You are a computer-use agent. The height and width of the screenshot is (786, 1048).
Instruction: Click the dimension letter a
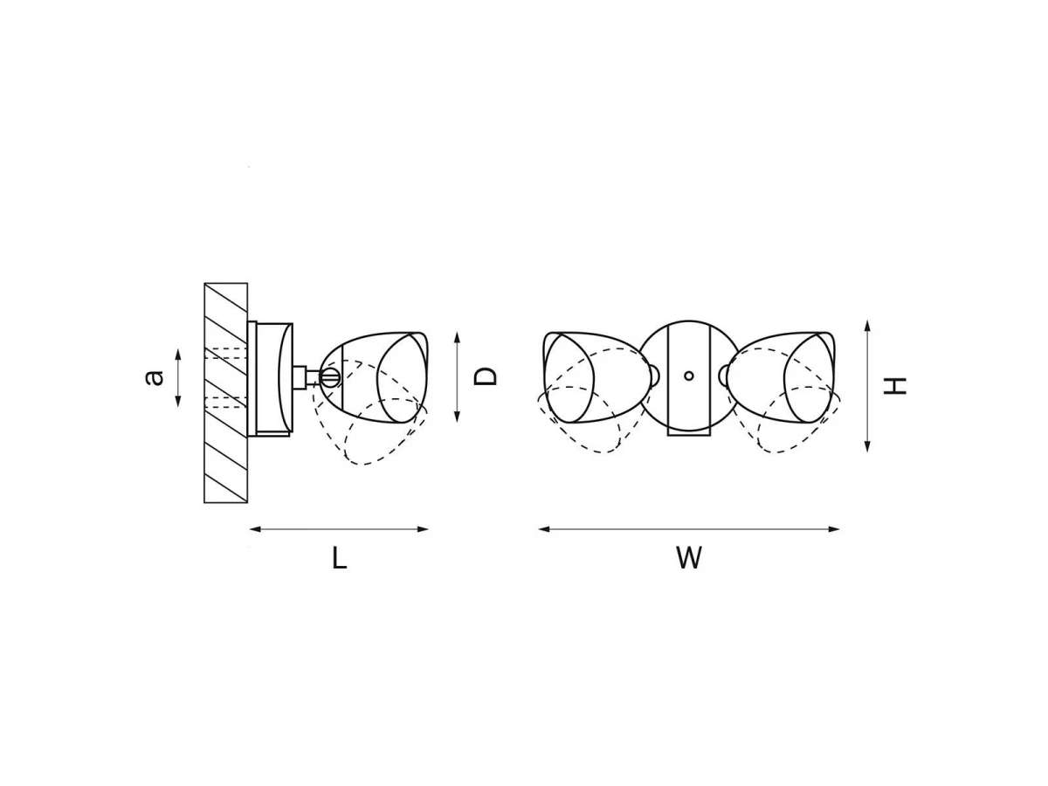click(155, 377)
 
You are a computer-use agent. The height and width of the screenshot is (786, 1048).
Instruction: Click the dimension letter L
click(340, 557)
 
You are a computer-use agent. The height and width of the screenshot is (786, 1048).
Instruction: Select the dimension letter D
click(485, 376)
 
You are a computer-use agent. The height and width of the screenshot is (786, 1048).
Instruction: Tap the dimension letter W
click(689, 557)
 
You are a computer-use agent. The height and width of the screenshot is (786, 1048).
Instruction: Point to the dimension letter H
click(895, 386)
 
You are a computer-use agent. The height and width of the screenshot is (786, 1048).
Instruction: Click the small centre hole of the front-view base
click(688, 376)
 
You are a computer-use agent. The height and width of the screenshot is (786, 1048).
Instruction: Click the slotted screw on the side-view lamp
click(330, 377)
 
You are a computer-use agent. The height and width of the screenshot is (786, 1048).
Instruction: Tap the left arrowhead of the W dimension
click(544, 529)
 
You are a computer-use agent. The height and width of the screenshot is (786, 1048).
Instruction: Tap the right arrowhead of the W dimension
click(833, 529)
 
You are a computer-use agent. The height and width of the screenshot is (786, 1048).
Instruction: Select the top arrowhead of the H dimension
click(867, 327)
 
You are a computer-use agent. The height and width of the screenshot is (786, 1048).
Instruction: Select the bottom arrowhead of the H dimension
click(867, 445)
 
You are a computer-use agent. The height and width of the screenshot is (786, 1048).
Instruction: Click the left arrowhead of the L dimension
click(255, 529)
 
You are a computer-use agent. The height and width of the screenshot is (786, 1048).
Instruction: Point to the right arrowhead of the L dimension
click(423, 529)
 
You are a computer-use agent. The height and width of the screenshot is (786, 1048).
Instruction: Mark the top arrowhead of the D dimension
click(457, 338)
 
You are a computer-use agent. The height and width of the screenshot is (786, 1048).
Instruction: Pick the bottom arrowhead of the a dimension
click(178, 401)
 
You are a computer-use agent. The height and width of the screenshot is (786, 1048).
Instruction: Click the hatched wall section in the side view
click(226, 393)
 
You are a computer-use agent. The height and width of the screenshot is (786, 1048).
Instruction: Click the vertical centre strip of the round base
click(688, 379)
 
